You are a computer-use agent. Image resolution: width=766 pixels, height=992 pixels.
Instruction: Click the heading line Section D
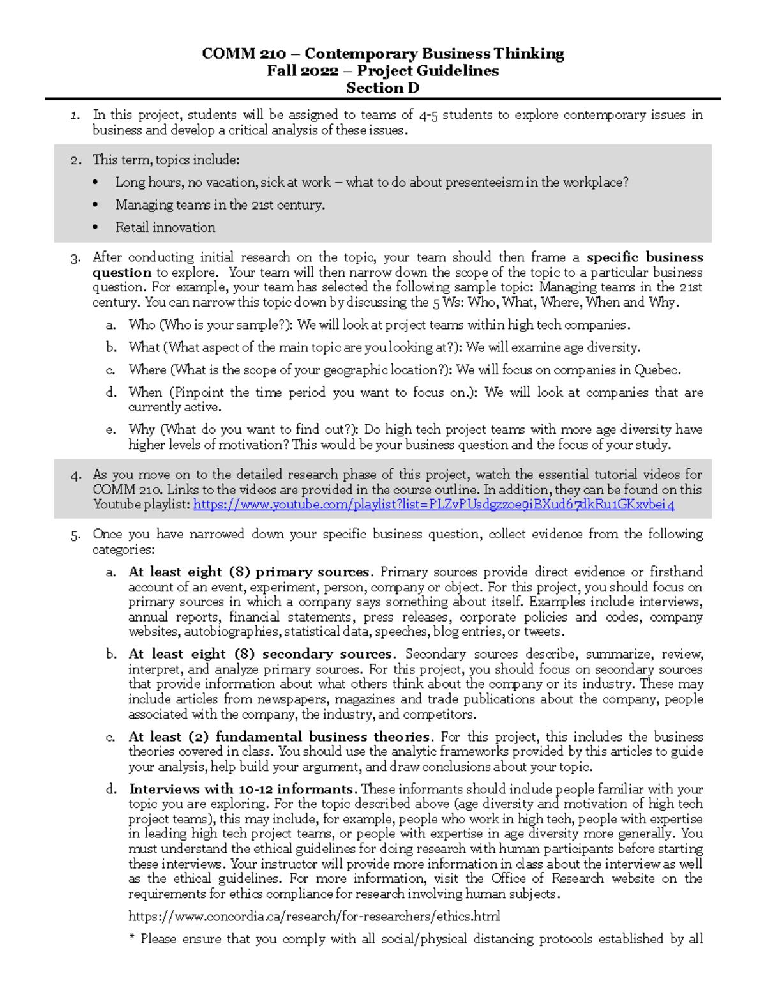(382, 88)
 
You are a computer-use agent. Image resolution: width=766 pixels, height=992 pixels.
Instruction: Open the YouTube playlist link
(433, 505)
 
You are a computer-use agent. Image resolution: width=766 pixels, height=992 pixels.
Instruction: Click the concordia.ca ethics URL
(314, 917)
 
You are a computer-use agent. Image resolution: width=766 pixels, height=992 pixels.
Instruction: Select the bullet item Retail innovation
(165, 227)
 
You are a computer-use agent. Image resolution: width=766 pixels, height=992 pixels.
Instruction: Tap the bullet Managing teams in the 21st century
(220, 205)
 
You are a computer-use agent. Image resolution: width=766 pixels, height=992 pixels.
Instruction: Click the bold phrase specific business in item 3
(644, 257)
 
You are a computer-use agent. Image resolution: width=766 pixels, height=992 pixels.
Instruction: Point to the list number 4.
(76, 475)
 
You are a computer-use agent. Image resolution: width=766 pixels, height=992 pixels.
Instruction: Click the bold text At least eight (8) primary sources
(249, 572)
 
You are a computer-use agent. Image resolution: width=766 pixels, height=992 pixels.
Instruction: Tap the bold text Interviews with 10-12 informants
(241, 790)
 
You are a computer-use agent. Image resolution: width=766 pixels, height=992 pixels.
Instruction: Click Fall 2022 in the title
(302, 71)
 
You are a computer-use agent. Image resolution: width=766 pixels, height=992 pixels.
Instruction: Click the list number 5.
(76, 535)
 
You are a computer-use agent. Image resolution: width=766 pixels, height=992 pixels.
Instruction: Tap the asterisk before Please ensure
(132, 940)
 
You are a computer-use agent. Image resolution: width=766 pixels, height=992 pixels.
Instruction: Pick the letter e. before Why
(110, 430)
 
